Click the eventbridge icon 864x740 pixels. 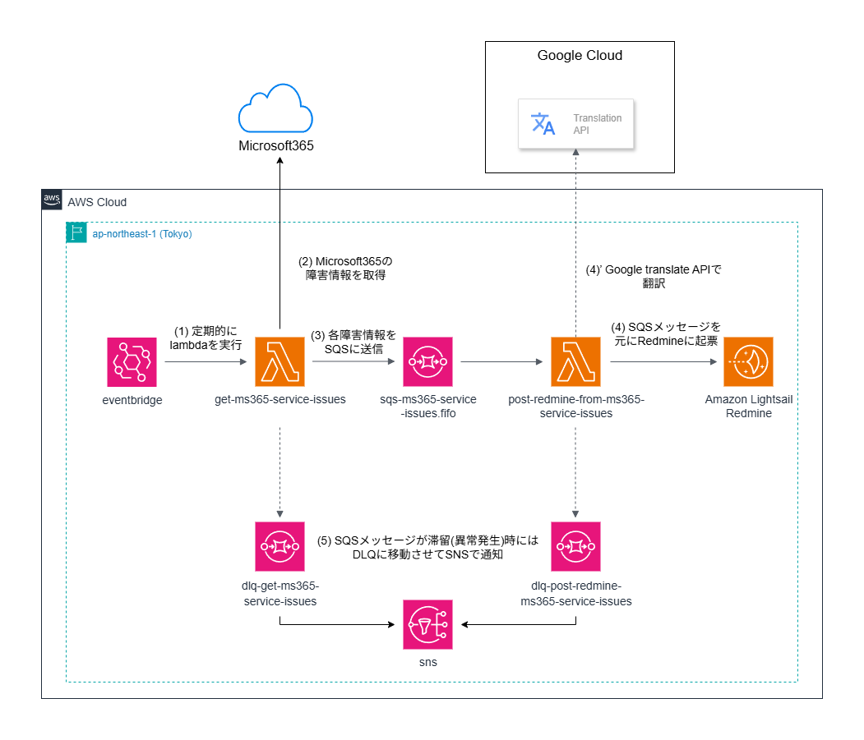click(132, 361)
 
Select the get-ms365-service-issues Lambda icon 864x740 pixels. click(280, 361)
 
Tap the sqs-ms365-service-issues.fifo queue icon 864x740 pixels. click(427, 361)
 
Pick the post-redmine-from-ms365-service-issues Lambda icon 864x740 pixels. click(575, 361)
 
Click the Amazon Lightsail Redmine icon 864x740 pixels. click(748, 361)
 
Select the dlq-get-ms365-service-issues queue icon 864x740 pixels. click(280, 546)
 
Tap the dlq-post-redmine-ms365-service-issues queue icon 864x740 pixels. click(575, 546)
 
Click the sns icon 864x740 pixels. click(427, 625)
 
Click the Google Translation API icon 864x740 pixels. click(543, 124)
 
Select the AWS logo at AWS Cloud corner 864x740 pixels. click(52, 200)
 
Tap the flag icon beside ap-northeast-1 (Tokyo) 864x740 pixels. click(76, 233)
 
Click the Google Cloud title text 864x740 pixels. click(580, 56)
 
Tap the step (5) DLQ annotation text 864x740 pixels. click(427, 548)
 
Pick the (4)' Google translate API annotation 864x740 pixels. click(653, 277)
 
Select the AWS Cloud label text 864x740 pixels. click(97, 202)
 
